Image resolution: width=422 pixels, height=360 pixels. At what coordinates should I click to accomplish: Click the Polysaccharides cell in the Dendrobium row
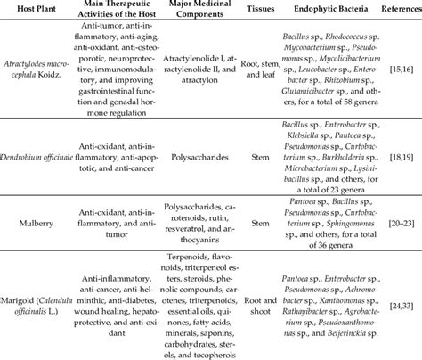tap(185, 164)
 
